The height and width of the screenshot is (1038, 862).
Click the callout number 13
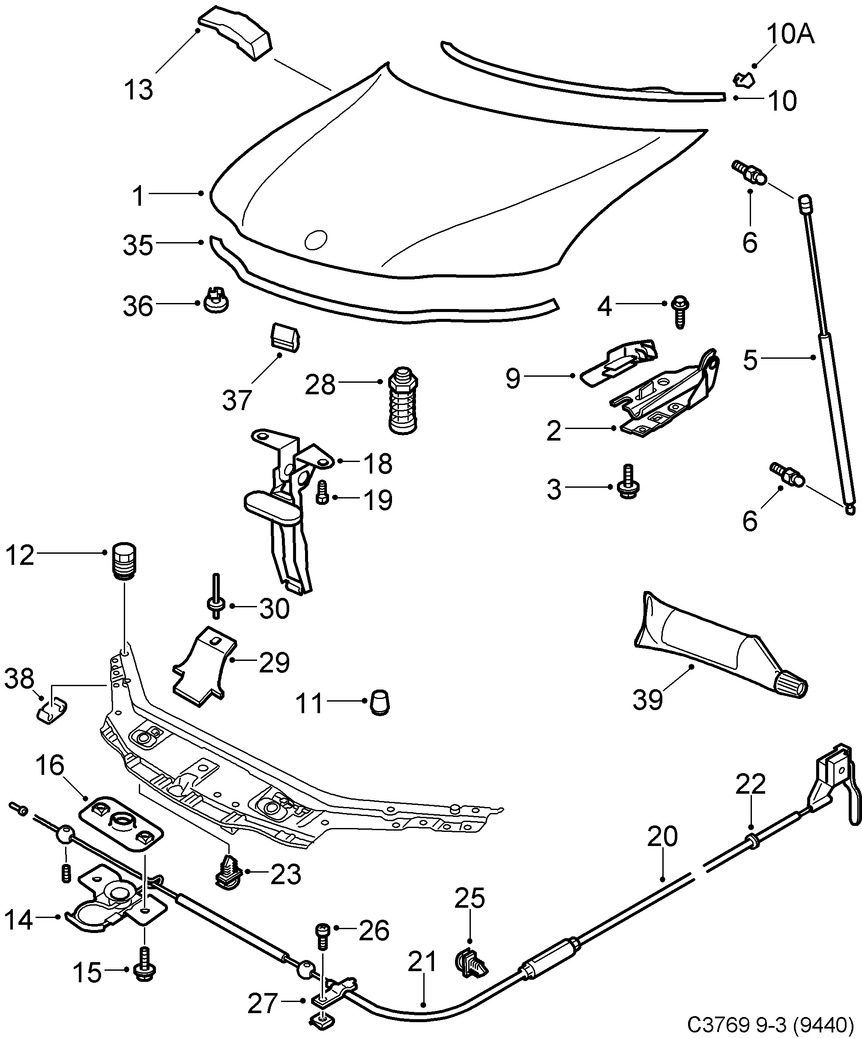click(x=138, y=90)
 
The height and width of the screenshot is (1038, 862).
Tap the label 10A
click(x=790, y=35)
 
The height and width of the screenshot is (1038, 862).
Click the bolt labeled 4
click(x=680, y=312)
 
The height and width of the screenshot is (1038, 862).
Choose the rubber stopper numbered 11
click(x=380, y=702)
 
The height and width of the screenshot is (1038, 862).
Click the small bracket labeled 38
click(x=52, y=710)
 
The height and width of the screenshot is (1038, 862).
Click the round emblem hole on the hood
click(x=316, y=240)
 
